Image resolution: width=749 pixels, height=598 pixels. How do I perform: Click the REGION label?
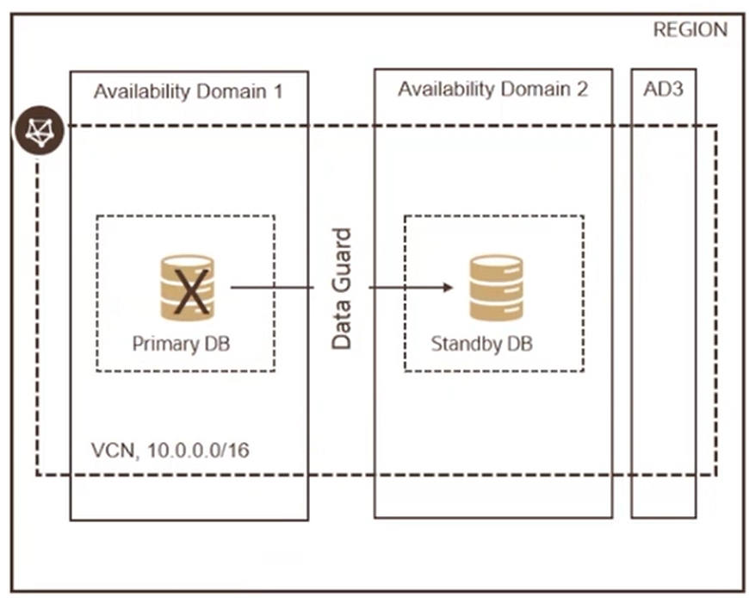(690, 30)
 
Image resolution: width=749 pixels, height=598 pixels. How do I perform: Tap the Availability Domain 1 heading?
(188, 91)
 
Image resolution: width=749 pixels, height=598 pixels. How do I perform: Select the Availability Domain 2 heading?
(492, 90)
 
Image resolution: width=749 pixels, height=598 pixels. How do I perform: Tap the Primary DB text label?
(181, 344)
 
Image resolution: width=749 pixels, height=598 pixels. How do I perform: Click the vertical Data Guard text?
(343, 288)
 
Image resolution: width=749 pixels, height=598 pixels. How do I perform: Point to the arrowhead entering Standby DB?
(448, 288)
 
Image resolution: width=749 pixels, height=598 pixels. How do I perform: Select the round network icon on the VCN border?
(34, 131)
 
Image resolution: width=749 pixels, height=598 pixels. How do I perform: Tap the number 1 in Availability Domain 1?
(277, 91)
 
